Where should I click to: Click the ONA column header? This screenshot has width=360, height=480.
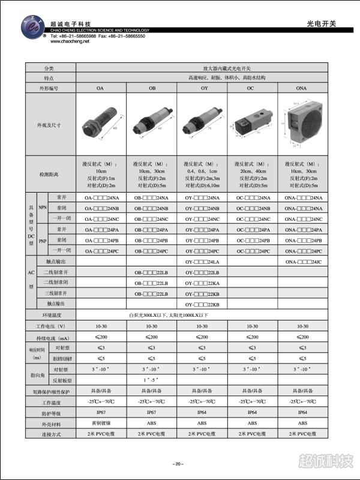[303, 88]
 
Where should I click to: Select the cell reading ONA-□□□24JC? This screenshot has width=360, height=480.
[303, 262]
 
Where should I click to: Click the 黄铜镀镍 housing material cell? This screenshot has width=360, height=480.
[101, 423]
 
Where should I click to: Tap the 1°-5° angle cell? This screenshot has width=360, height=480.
[152, 380]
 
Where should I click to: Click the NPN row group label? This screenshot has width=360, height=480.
[42, 208]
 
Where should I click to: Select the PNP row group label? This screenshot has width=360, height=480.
[42, 240]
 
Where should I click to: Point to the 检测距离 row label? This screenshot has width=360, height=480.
[49, 174]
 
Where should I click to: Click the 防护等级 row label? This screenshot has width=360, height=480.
[49, 413]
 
